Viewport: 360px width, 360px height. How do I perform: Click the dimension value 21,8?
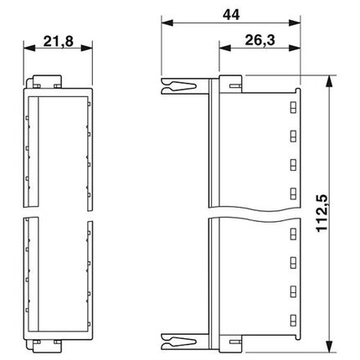[59, 39]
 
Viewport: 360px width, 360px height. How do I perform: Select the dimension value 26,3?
[259, 39]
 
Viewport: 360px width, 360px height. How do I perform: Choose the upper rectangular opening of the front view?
[59, 151]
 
